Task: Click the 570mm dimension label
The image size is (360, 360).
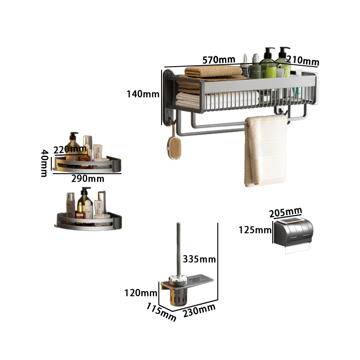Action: pos(219,60)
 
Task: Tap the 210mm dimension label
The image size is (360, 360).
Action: pos(302,60)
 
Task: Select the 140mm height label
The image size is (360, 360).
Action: pos(143,94)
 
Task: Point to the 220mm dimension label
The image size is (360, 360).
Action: pos(70,149)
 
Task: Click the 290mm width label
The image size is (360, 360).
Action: pos(88,179)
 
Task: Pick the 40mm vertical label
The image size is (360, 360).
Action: pos(44,163)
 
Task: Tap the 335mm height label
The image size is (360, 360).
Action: pos(199,259)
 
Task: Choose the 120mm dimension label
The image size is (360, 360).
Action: pos(141,293)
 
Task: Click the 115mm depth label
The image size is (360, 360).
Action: pos(162,312)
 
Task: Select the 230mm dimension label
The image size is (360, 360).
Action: pos(199,310)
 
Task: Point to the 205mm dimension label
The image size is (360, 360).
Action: pos(286,212)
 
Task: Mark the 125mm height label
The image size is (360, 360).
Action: pos(255,230)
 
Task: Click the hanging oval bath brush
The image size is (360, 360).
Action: pos(174,147)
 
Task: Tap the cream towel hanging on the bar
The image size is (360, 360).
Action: pos(266,150)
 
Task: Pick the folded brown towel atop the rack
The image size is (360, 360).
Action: pos(213,72)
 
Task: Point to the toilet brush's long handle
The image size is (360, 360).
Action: pos(178,250)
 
